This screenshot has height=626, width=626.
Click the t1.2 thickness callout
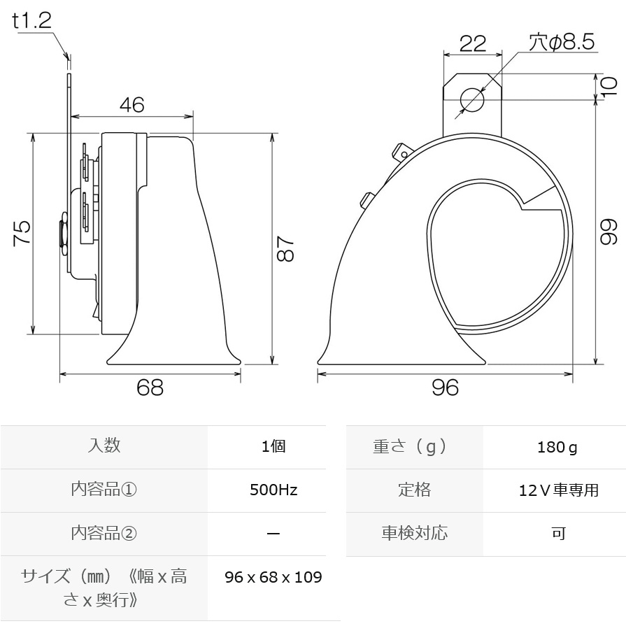(x=32, y=20)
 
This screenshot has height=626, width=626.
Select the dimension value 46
(x=131, y=105)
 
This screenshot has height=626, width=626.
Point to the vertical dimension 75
(x=22, y=233)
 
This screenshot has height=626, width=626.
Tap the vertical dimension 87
(x=285, y=248)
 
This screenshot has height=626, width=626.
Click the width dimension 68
(x=150, y=387)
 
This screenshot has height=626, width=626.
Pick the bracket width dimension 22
(x=473, y=43)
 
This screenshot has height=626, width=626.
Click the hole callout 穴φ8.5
(x=562, y=42)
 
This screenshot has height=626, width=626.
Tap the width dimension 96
(x=445, y=387)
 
